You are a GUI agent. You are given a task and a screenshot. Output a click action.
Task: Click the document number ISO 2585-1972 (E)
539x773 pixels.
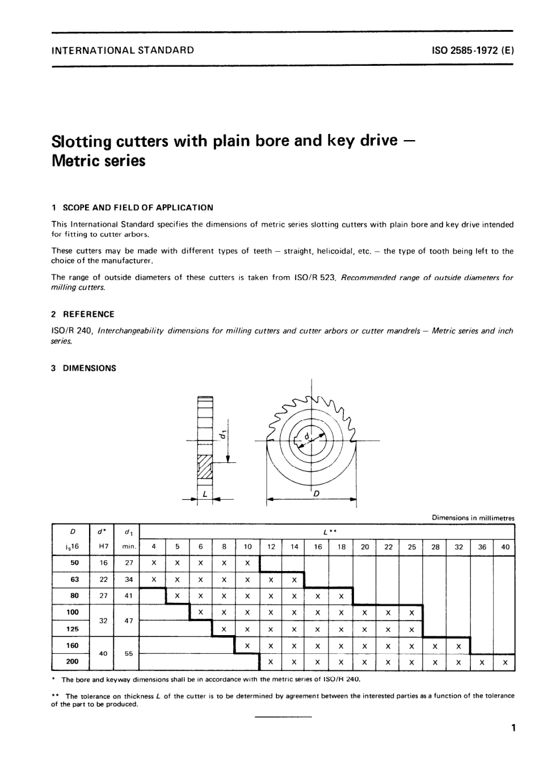pyautogui.click(x=473, y=50)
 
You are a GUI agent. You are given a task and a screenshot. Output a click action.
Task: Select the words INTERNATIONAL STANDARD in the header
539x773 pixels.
pyautogui.click(x=123, y=50)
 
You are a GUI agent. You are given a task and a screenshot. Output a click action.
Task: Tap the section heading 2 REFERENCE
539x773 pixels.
pyautogui.click(x=83, y=314)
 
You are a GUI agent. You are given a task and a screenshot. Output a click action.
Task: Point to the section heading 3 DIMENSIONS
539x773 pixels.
pyautogui.click(x=83, y=368)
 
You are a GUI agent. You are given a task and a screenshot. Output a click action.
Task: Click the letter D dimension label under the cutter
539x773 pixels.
pyautogui.click(x=316, y=493)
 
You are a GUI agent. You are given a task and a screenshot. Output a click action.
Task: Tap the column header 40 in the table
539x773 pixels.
pyautogui.click(x=505, y=547)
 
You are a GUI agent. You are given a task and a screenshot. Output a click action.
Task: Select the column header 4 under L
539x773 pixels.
pyautogui.click(x=154, y=547)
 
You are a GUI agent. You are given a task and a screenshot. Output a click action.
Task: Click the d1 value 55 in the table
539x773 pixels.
pyautogui.click(x=129, y=653)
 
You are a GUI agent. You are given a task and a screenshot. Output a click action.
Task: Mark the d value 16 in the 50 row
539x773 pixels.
pyautogui.click(x=103, y=563)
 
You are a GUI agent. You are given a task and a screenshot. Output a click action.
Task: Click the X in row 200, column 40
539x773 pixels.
pyautogui.click(x=505, y=662)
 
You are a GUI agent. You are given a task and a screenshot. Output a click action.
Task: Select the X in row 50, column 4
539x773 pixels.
pyautogui.click(x=154, y=563)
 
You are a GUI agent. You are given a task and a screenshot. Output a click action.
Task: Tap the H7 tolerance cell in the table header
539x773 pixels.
pyautogui.click(x=103, y=547)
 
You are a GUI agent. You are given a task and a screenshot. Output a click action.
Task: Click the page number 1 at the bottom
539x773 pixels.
pyautogui.click(x=512, y=728)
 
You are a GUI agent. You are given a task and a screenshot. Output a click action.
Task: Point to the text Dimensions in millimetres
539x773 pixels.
pyautogui.click(x=473, y=518)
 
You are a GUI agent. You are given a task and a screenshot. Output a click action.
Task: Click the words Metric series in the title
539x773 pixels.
pyautogui.click(x=98, y=161)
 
